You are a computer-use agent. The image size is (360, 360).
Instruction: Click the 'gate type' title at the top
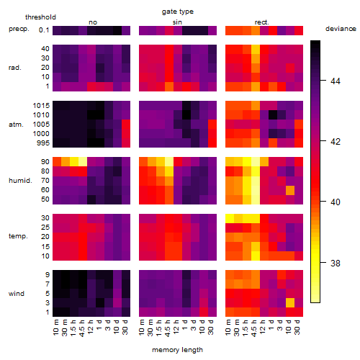178,12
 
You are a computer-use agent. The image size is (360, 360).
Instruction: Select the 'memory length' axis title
177,350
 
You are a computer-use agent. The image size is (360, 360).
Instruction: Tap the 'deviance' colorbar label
341,29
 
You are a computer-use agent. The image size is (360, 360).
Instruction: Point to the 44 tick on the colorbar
336,81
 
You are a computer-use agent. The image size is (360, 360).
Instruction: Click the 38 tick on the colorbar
336,264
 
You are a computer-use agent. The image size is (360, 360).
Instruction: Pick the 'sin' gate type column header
177,22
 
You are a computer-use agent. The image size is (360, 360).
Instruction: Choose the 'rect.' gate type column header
261,22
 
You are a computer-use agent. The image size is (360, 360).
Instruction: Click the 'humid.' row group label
20,181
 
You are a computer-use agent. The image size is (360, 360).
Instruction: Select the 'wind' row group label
17,294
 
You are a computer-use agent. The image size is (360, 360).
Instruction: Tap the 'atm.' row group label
16,125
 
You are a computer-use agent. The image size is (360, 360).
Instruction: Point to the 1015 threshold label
41,106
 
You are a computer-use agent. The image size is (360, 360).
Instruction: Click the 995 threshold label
43,143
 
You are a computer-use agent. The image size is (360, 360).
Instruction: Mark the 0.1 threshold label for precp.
44,30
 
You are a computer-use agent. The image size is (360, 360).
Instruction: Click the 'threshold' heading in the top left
40,17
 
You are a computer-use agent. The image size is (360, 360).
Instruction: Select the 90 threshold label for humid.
45,162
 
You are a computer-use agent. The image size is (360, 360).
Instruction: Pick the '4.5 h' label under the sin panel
167,328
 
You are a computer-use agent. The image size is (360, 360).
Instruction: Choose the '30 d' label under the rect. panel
297,327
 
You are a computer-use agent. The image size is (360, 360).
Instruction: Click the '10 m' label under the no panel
55,327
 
